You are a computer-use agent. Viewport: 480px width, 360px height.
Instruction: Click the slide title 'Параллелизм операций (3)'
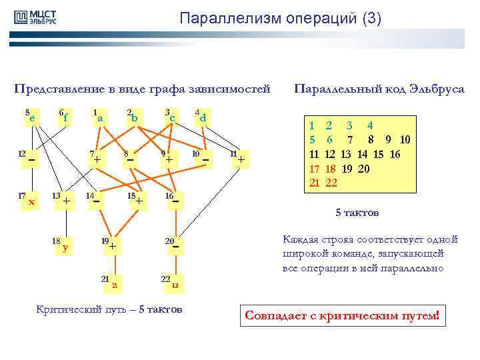pos(280,19)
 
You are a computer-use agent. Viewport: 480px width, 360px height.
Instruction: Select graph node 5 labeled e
pos(30,118)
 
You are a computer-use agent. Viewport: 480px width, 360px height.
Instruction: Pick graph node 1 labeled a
pos(99,118)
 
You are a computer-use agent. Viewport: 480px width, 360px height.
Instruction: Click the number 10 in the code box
pos(405,139)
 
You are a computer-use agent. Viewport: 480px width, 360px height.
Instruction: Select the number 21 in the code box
pos(314,183)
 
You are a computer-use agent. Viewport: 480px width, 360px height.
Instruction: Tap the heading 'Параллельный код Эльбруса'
pos(379,89)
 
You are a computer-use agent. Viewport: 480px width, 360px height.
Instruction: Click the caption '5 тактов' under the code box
pos(357,213)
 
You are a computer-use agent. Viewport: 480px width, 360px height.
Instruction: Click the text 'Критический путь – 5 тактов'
pos(108,309)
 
